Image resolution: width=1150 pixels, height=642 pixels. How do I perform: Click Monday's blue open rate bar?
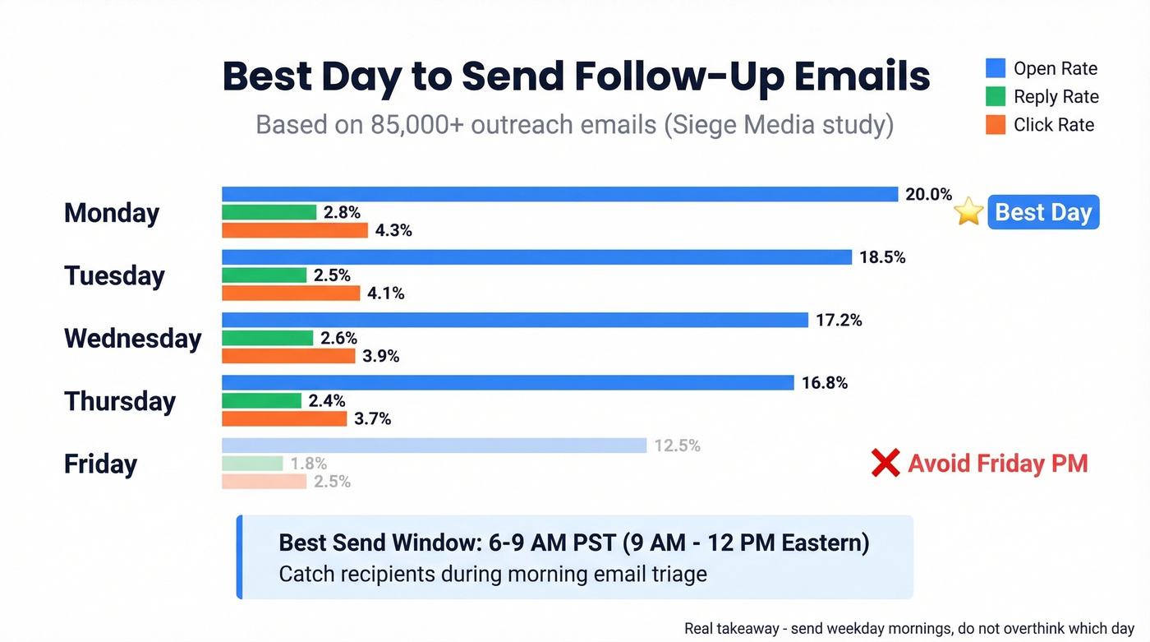click(x=559, y=195)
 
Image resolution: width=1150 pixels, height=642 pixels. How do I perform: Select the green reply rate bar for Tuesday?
click(x=264, y=275)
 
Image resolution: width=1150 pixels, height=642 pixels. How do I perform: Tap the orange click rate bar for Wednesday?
click(x=288, y=356)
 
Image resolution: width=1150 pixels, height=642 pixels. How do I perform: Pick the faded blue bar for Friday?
click(x=435, y=446)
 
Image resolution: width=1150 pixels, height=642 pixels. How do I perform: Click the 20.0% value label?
click(x=928, y=195)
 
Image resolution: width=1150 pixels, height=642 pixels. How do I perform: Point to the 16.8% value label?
click(x=824, y=383)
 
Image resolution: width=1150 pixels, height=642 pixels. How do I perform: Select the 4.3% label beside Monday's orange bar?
click(x=393, y=231)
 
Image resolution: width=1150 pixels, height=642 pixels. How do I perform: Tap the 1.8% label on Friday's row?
click(x=308, y=464)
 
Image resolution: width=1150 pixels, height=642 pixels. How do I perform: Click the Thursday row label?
click(x=120, y=401)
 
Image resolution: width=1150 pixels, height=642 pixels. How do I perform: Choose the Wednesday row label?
click(x=132, y=338)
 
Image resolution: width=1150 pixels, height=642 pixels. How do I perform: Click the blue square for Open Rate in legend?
click(x=996, y=68)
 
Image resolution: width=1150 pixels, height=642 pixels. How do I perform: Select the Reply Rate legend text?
click(x=1056, y=97)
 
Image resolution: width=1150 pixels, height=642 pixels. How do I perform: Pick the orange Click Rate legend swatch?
click(x=996, y=125)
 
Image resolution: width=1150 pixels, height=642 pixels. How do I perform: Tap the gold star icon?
click(x=968, y=212)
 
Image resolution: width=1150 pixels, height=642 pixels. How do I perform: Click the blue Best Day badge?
click(x=1042, y=212)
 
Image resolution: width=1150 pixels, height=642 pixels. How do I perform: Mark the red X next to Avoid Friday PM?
click(x=885, y=464)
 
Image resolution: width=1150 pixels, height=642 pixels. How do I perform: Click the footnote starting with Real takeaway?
click(x=908, y=628)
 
